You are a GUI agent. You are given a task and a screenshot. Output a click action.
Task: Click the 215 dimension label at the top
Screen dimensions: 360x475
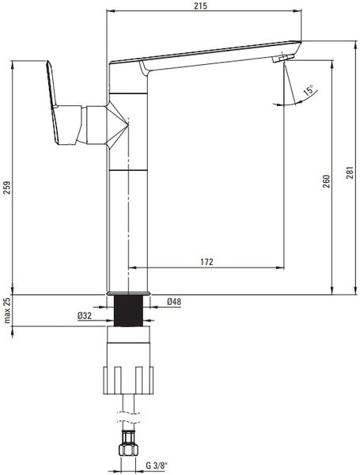(x=201, y=6)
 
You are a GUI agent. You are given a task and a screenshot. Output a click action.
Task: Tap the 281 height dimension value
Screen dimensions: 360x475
(x=350, y=173)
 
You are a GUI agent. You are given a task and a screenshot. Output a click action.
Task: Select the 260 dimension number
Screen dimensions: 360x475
(x=326, y=181)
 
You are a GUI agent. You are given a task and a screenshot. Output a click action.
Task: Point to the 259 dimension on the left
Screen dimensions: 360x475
(x=6, y=188)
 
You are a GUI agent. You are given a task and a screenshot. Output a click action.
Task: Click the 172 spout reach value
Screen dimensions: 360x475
(x=207, y=262)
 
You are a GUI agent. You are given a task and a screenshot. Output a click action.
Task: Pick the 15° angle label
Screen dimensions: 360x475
(x=309, y=91)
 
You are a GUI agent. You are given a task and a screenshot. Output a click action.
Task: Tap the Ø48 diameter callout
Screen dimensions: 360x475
(x=174, y=302)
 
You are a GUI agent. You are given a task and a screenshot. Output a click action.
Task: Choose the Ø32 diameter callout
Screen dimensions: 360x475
(x=85, y=316)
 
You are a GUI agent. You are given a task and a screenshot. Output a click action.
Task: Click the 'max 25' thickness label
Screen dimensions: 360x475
(x=7, y=310)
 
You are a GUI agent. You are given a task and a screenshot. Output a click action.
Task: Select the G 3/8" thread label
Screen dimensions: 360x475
(x=157, y=465)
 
